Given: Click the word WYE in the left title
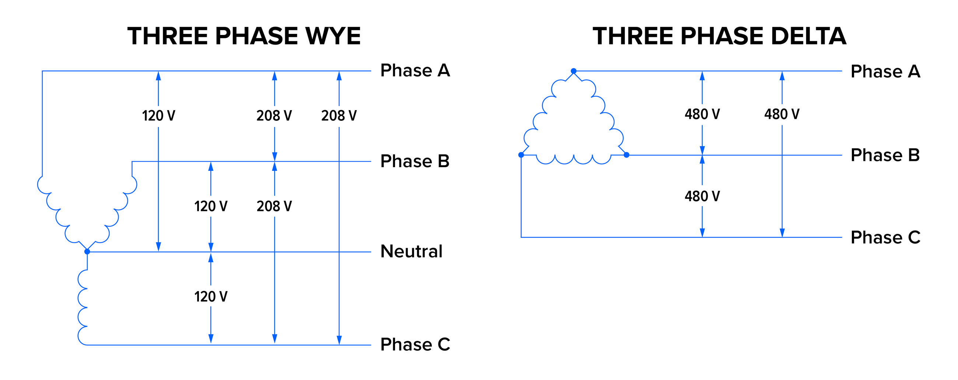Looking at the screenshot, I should pos(332,36).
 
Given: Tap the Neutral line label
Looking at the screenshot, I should pos(411,251).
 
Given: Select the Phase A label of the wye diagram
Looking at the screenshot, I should pos(415,70).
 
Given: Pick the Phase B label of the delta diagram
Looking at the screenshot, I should pos(885,155).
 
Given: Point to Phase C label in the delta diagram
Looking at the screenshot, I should pos(885,237).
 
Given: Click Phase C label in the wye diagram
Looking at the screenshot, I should pos(415,344).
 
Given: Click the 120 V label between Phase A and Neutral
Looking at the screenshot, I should pos(158,116).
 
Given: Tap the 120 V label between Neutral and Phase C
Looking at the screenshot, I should pos(211,297).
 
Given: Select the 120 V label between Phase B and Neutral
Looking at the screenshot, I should pos(211,206).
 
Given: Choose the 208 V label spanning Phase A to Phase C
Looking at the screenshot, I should pos(339,116).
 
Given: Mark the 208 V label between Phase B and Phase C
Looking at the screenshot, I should pos(275,206).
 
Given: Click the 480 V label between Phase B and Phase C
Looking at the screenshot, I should pos(702,196).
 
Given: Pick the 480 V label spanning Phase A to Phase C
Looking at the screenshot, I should pos(782,114).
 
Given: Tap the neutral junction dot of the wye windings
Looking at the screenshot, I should pos(87,252).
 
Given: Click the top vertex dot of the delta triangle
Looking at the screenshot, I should pos(573,71).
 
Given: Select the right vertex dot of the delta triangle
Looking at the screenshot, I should pos(626,155).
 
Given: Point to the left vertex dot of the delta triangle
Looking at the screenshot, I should pos(521,155).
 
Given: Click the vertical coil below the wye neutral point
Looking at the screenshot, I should pos(83,308).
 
